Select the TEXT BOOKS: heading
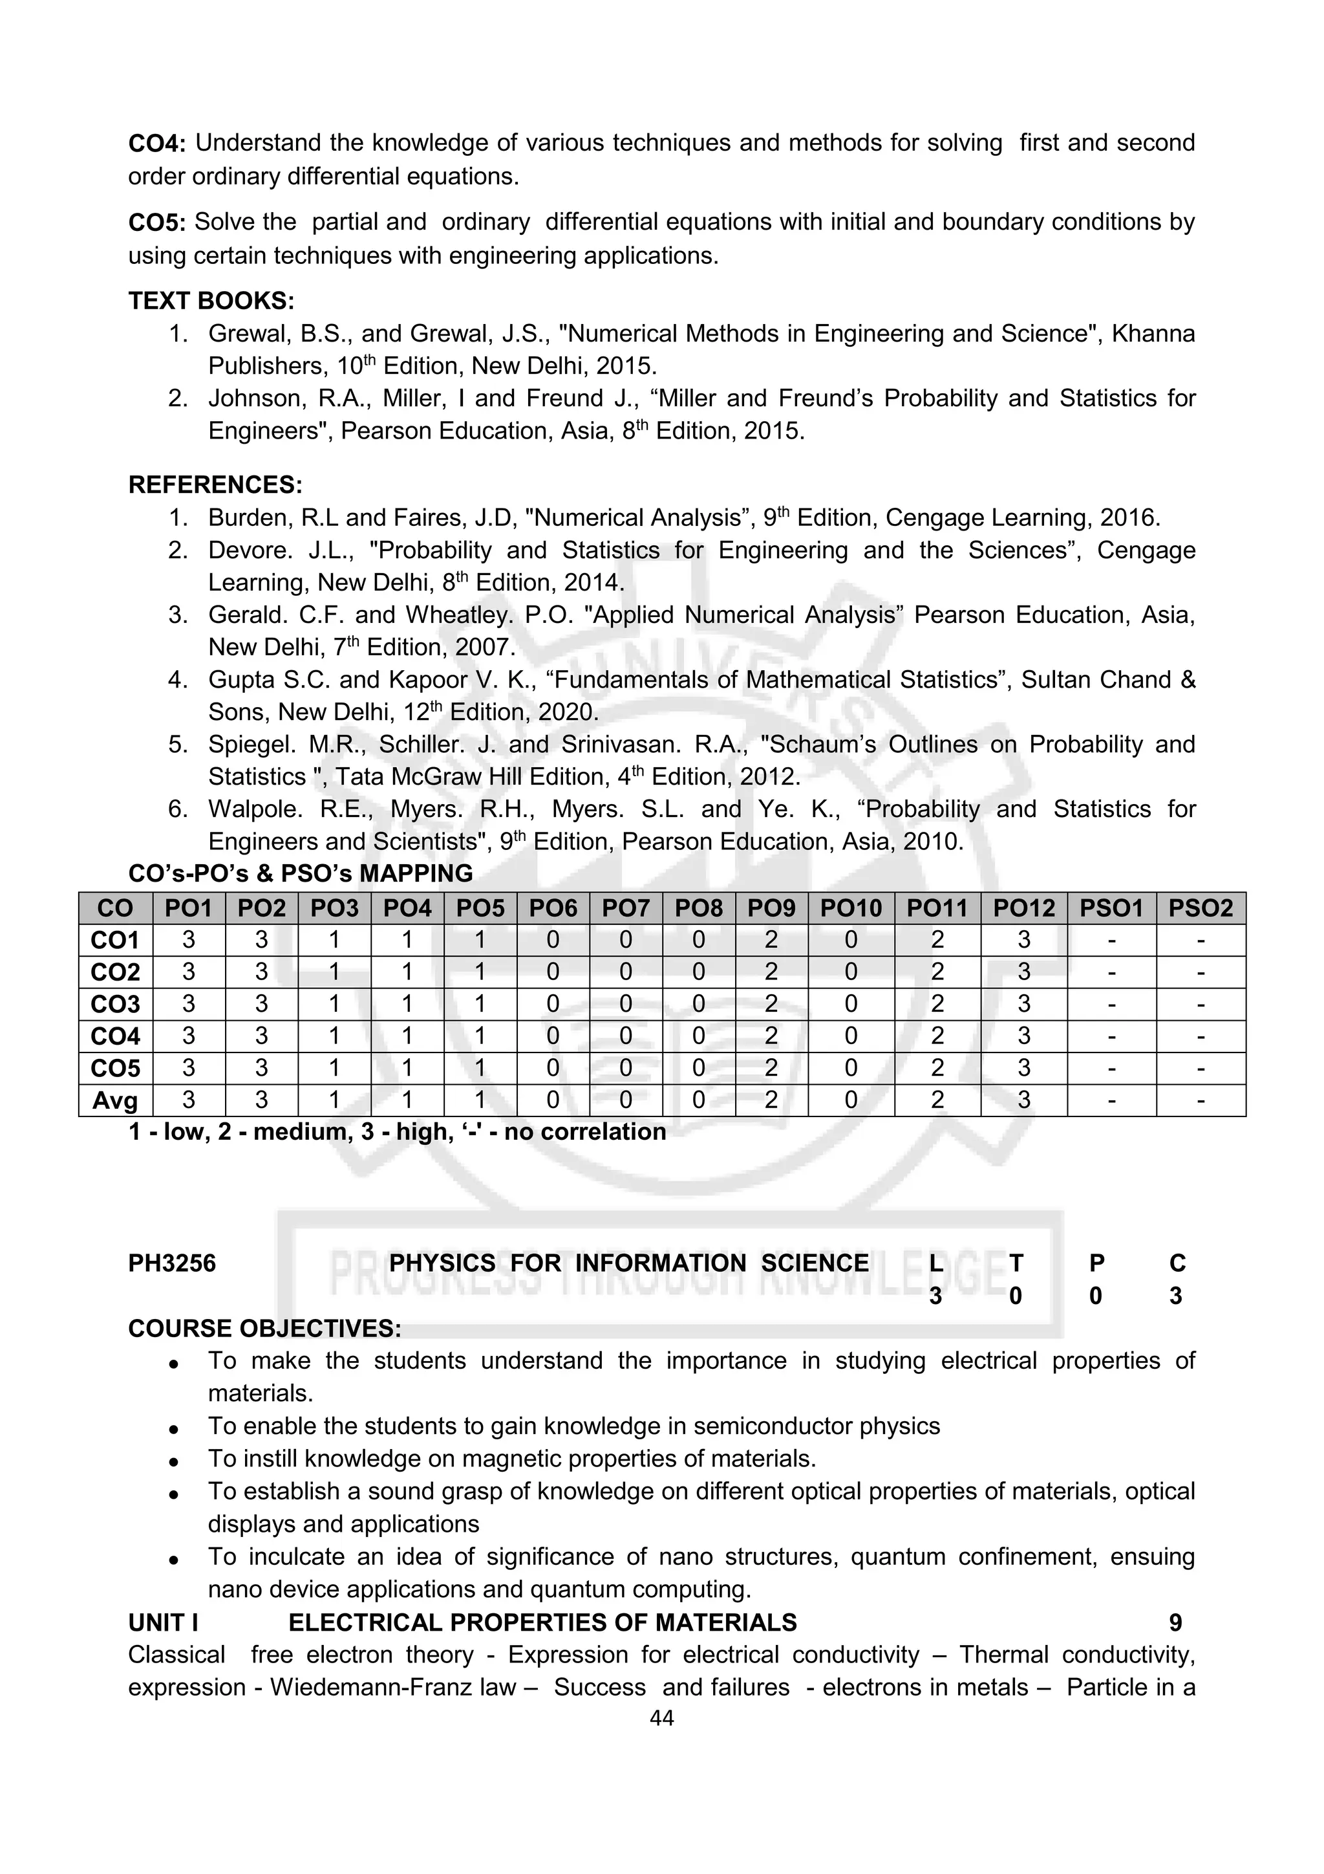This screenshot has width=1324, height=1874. coord(211,301)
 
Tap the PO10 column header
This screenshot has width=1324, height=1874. coord(851,908)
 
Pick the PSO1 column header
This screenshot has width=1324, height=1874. coord(1111,908)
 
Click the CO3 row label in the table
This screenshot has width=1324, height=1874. coord(115,1004)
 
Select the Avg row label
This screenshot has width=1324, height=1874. coord(115,1100)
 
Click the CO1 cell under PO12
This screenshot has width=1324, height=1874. coord(1024,941)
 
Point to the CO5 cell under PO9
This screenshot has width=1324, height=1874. coord(771,1069)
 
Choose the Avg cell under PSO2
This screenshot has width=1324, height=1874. coord(1201,1100)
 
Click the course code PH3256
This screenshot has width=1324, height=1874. coord(172,1263)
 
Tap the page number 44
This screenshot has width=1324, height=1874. coord(661,1718)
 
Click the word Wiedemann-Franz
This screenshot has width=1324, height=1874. coord(393,1687)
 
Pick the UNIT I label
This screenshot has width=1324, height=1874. coord(163,1622)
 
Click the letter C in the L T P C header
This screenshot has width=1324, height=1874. coord(1177,1263)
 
